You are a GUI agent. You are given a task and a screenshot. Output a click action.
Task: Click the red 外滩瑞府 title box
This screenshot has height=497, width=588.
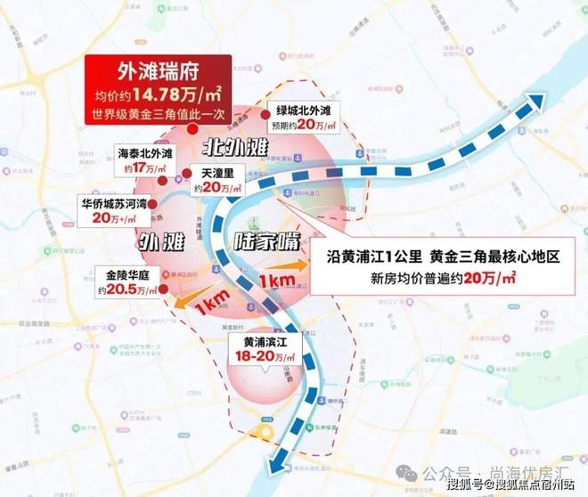click(158, 72)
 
